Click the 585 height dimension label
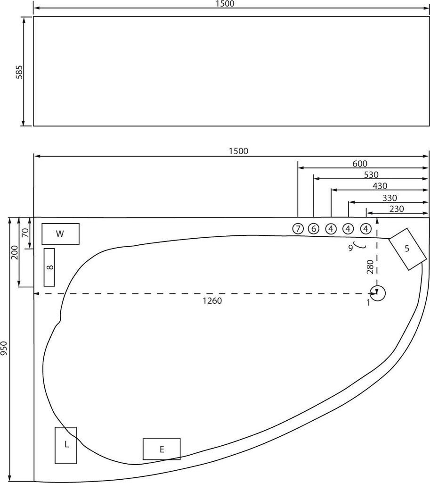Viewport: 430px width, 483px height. tap(19, 72)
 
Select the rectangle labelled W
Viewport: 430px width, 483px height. tap(60, 233)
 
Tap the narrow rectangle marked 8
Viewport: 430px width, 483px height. tap(49, 267)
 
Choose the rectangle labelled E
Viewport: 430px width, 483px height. tap(162, 449)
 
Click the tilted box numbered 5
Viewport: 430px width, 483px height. tap(407, 249)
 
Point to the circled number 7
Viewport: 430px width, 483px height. tap(298, 229)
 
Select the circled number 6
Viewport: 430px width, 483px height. tap(314, 229)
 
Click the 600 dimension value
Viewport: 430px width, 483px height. tap(359, 163)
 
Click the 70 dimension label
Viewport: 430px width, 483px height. tap(26, 232)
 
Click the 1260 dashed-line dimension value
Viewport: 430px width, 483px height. tap(212, 301)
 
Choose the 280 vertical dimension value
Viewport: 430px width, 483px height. tap(370, 266)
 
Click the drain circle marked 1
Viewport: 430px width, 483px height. tap(378, 293)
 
